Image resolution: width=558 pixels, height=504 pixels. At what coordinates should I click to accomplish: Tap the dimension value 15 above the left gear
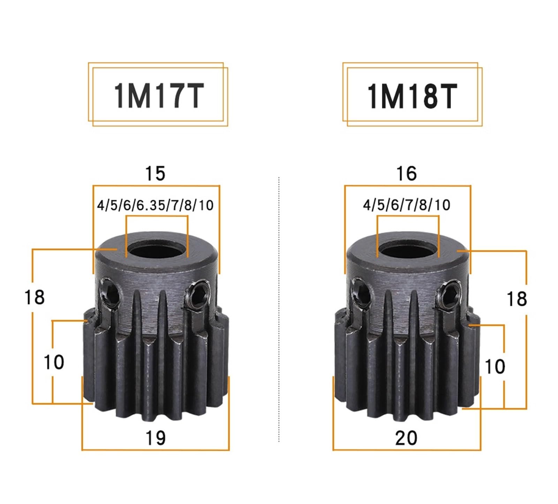155,173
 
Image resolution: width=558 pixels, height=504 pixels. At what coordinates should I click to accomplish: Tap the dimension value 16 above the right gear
406,173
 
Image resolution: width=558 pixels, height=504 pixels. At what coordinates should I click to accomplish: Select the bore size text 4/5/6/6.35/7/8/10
155,205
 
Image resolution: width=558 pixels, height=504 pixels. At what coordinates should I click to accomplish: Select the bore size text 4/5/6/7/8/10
407,205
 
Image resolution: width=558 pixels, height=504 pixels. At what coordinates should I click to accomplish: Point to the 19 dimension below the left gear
155,438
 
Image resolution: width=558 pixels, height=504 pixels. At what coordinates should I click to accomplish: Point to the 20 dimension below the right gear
406,438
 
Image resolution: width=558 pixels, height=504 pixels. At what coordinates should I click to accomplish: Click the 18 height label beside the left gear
35,297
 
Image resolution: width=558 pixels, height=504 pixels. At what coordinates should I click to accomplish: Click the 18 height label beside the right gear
516,299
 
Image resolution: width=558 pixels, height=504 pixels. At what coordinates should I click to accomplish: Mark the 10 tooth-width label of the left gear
54,362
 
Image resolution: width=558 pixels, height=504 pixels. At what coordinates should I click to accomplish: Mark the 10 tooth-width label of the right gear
495,366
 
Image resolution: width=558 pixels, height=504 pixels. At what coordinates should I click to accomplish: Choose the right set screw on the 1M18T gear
449,291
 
